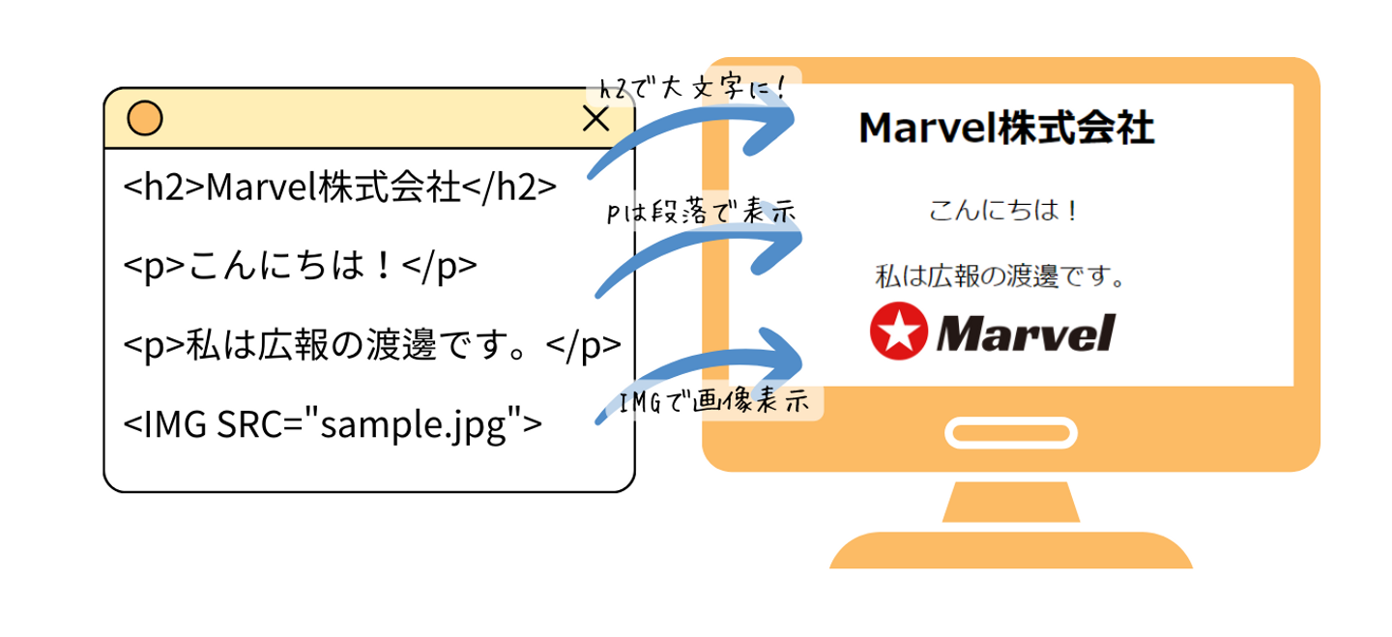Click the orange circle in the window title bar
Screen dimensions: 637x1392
(x=145, y=118)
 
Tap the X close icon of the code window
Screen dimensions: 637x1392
(x=596, y=118)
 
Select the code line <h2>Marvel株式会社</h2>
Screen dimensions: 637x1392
(x=341, y=188)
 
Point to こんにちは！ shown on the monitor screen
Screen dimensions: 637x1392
(x=1002, y=210)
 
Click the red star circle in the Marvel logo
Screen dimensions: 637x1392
(x=898, y=332)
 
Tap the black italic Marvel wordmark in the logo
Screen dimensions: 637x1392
(x=1025, y=333)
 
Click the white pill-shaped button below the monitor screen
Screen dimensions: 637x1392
(x=1010, y=432)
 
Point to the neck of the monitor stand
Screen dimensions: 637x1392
(x=1010, y=501)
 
